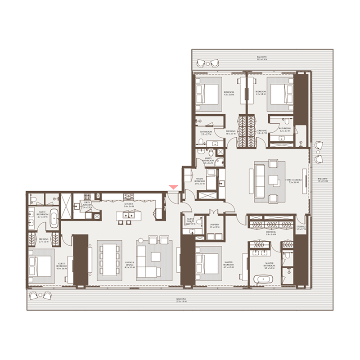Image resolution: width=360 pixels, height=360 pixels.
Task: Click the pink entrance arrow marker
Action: (173, 187)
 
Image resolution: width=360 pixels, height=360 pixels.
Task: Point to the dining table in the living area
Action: (109, 261)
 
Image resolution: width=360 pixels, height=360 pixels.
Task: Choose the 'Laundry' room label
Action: (214, 226)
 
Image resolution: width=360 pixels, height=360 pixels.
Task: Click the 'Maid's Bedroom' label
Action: (200, 181)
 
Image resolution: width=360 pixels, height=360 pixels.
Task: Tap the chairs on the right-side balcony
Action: (319, 152)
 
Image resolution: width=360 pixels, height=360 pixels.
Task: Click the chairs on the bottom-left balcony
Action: (39, 295)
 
